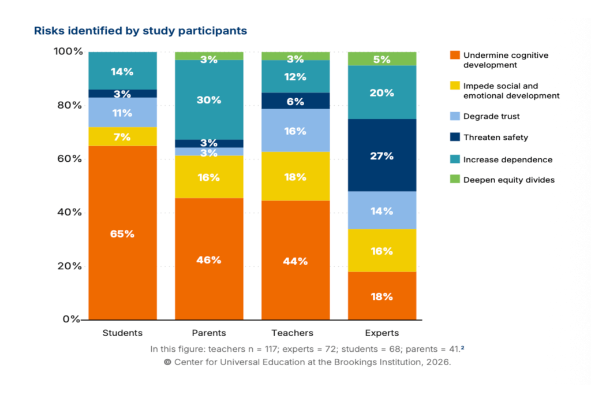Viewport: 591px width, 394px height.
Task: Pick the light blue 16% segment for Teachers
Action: coord(295,131)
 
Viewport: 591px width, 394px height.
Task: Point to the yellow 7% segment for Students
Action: coord(122,136)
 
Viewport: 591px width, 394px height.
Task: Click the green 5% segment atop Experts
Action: coord(382,59)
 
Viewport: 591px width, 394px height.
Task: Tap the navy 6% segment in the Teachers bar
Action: coord(295,101)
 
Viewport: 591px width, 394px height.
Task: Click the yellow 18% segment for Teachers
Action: coord(295,176)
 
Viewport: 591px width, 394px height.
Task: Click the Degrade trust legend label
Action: coord(491,116)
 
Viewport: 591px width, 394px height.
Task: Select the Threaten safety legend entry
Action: coord(495,137)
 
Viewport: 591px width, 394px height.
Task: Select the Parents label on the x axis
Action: coord(209,333)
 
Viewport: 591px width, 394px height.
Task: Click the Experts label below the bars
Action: coord(382,333)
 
